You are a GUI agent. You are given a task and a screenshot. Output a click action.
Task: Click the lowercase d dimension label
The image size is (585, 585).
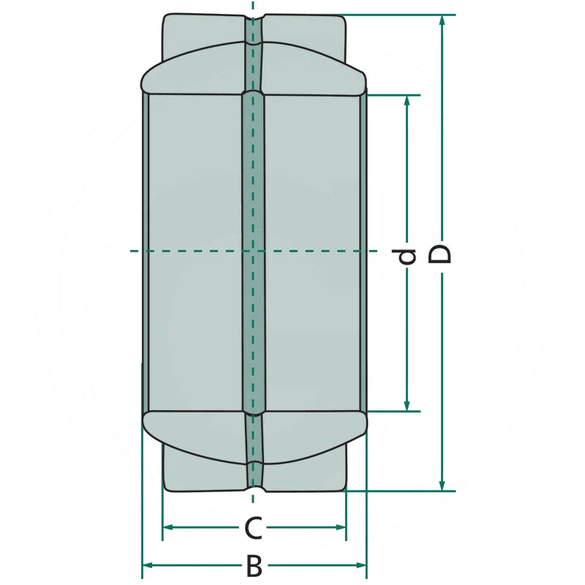click(406, 257)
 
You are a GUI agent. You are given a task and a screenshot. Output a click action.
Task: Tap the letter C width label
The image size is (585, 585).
click(253, 528)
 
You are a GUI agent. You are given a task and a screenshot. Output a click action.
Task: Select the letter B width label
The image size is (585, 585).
click(254, 565)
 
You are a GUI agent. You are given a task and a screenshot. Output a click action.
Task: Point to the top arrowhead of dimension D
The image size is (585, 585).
click(442, 20)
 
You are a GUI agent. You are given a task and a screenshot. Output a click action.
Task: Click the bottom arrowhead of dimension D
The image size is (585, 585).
click(442, 486)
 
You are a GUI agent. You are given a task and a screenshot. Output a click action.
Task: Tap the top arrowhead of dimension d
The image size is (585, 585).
click(407, 101)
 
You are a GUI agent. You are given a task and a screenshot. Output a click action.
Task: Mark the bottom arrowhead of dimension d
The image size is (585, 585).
click(407, 406)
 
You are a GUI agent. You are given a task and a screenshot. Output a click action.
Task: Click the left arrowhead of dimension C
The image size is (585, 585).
click(169, 527)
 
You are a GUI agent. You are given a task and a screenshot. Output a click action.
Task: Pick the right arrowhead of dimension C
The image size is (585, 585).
click(341, 527)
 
